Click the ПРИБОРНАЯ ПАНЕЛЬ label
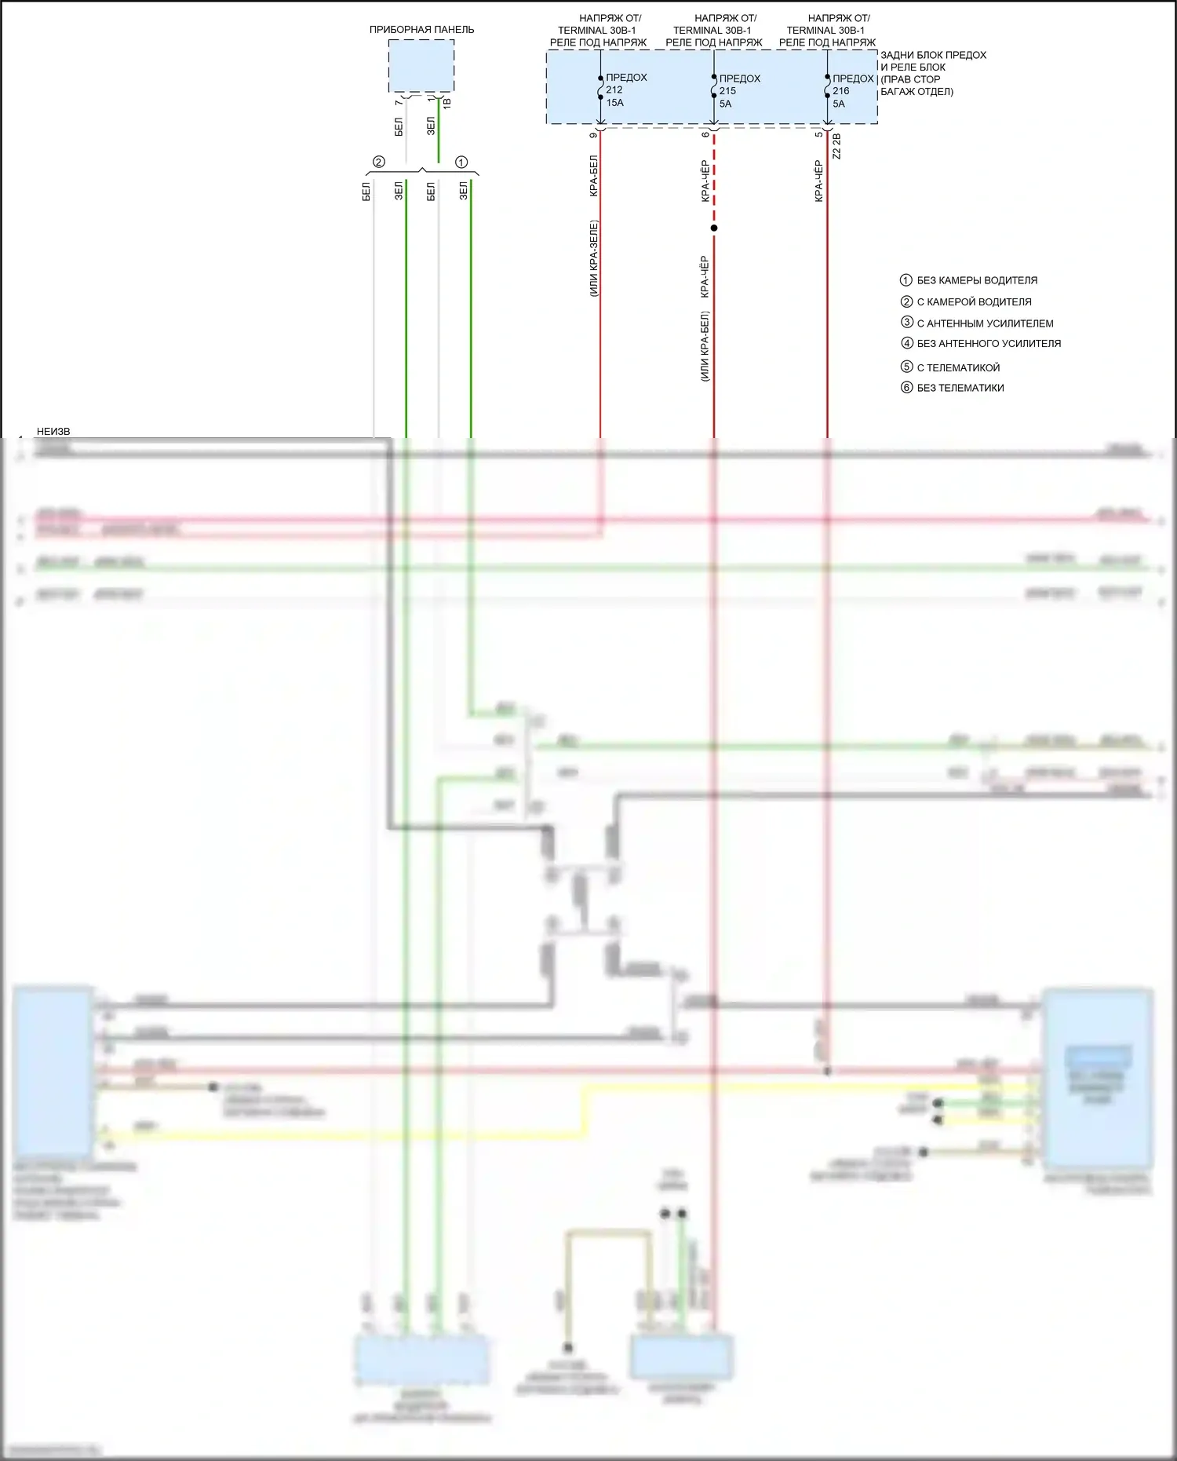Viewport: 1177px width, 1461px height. click(421, 30)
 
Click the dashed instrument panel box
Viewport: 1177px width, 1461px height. click(421, 66)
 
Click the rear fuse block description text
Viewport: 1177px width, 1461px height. click(932, 73)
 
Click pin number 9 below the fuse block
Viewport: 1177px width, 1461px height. click(593, 135)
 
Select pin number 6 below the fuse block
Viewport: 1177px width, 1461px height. click(706, 135)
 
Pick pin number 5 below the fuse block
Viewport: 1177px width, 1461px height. click(819, 135)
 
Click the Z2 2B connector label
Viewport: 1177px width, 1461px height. click(836, 147)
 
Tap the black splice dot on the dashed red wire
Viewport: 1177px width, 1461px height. click(714, 228)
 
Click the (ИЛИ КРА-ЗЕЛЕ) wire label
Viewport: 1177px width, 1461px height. click(594, 258)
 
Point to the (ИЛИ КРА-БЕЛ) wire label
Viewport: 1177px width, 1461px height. click(705, 346)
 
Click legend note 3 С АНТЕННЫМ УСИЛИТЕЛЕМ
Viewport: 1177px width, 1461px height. click(977, 323)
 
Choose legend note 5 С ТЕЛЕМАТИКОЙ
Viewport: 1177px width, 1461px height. click(950, 367)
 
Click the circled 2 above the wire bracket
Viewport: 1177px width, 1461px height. click(379, 163)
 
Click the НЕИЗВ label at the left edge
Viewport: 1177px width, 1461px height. click(53, 432)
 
